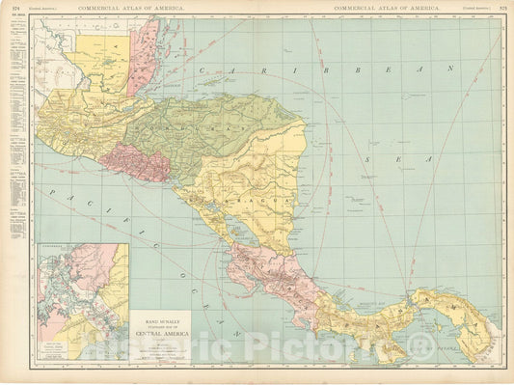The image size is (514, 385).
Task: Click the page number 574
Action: tap(14, 8)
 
